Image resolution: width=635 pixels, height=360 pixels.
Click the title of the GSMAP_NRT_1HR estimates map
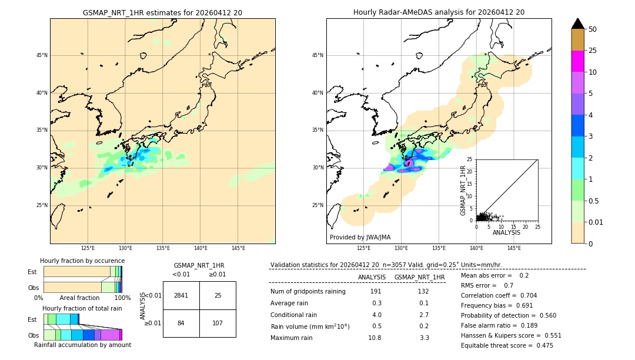(x=162, y=12)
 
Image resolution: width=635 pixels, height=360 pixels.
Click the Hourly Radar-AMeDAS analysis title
(x=439, y=12)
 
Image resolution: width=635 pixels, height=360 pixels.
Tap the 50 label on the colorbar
(x=593, y=29)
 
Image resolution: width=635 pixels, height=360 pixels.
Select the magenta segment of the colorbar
(x=577, y=61)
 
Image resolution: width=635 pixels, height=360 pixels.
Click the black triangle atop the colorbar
(x=577, y=24)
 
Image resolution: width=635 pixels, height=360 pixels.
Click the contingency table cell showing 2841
(x=181, y=295)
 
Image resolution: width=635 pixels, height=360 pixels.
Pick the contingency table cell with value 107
(x=218, y=323)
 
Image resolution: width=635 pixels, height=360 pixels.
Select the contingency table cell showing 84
(x=181, y=323)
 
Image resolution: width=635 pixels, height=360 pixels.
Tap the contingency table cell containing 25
(x=218, y=295)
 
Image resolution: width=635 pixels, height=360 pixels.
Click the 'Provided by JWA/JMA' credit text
(x=360, y=238)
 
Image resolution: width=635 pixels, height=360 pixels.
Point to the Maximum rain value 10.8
(x=375, y=338)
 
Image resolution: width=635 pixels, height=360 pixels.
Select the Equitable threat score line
(x=507, y=345)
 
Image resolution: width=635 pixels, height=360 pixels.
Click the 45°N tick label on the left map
(x=42, y=55)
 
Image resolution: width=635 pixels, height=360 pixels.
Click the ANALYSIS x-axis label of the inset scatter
(x=506, y=232)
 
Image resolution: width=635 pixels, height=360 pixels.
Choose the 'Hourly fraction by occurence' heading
(x=82, y=261)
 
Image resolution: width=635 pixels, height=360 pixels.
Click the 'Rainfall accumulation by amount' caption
(x=82, y=345)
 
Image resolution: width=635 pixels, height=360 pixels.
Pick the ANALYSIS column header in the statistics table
(x=372, y=277)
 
